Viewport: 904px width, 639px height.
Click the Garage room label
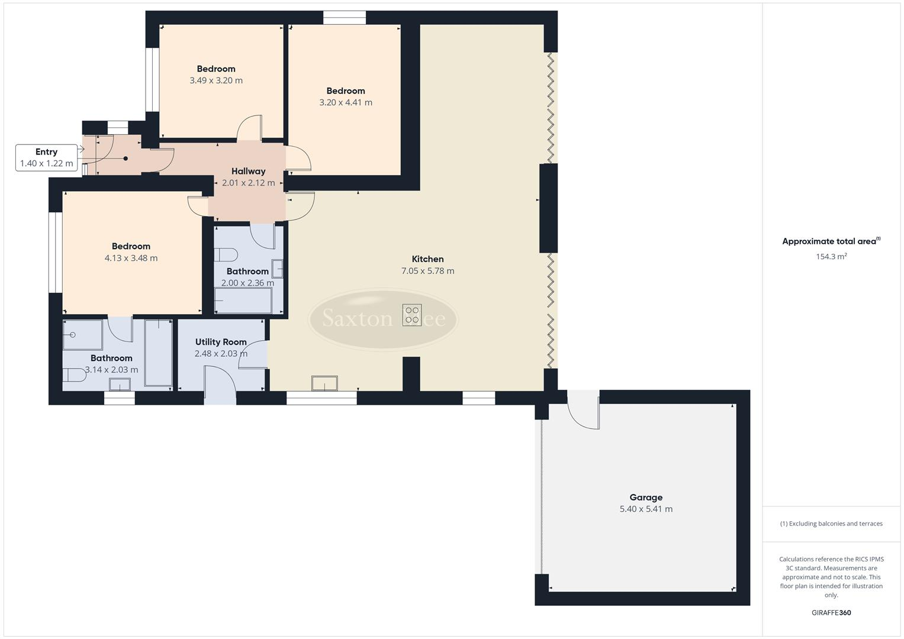(645, 498)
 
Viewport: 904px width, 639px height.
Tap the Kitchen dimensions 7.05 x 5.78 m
(427, 271)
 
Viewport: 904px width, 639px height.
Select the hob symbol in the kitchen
(412, 315)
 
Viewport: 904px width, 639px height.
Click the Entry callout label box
(47, 157)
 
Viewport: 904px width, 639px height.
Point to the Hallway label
(248, 172)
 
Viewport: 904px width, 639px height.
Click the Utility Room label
(221, 342)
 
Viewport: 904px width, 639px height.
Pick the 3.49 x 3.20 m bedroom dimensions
(216, 80)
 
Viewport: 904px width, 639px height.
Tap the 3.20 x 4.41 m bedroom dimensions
(346, 102)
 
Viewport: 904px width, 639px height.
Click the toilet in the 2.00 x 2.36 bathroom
(226, 255)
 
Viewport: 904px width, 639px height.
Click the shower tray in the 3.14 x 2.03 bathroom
(82, 335)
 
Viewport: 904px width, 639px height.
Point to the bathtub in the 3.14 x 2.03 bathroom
(159, 353)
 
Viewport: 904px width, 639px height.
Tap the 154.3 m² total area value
(831, 257)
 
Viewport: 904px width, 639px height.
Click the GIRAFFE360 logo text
(831, 612)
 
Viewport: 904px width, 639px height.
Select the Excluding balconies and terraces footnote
(831, 524)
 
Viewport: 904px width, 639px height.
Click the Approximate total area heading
(831, 241)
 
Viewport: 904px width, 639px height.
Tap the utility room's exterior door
(220, 385)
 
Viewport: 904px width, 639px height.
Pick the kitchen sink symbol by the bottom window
(325, 383)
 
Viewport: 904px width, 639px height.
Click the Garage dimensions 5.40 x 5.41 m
(645, 509)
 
